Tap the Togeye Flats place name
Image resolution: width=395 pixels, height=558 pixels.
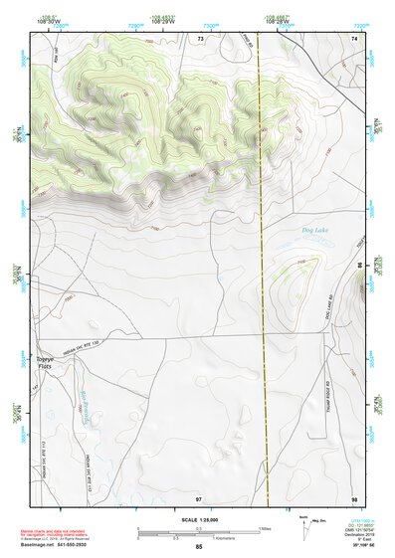tap(51, 362)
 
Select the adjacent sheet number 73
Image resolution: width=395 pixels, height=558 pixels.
tap(200, 39)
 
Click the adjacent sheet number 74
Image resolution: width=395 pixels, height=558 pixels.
tap(353, 38)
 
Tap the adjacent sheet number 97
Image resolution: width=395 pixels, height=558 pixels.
tap(199, 497)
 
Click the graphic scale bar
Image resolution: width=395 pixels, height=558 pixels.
tap(199, 532)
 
